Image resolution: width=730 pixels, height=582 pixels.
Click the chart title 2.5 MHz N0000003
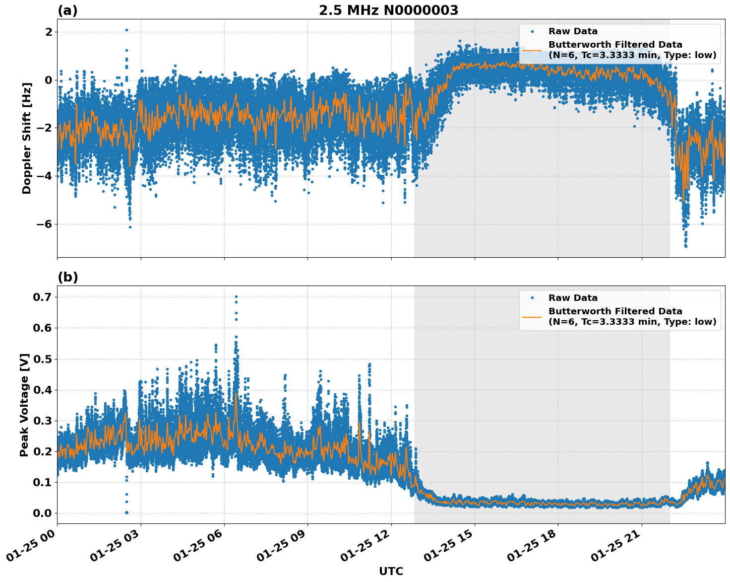point(388,10)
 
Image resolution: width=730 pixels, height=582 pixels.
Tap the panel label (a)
point(67,10)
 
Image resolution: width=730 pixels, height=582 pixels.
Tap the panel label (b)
point(67,277)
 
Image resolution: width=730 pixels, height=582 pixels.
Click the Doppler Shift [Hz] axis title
point(27,138)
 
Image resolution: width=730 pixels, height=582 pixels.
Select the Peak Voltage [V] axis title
point(24,405)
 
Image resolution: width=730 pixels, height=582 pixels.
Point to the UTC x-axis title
point(391,572)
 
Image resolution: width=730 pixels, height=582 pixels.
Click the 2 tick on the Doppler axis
point(49,32)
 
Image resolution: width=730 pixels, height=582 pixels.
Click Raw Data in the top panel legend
point(573,31)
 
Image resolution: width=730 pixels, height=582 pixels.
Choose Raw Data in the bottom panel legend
point(573,298)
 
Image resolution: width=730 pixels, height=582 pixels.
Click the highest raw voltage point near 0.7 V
point(236,297)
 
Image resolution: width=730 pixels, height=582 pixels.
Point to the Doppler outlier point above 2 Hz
point(126,30)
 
